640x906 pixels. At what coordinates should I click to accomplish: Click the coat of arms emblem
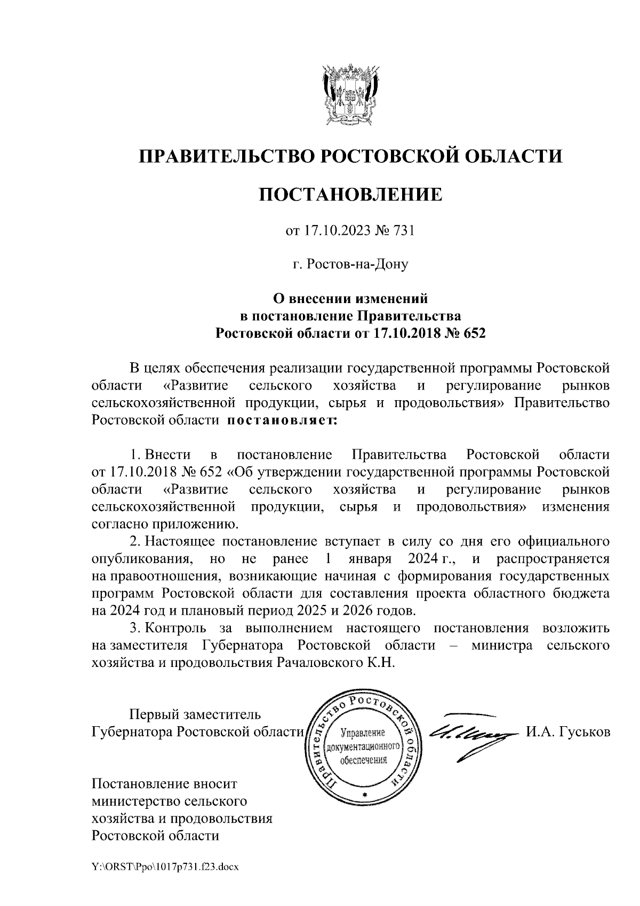(350, 94)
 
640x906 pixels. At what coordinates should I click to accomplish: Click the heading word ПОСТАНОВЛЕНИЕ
(350, 194)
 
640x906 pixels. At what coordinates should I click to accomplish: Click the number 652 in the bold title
(475, 333)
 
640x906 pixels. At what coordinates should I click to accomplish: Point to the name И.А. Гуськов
(567, 732)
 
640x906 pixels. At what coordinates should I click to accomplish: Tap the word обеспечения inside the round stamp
(363, 759)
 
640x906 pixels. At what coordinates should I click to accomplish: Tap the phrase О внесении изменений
(350, 299)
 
